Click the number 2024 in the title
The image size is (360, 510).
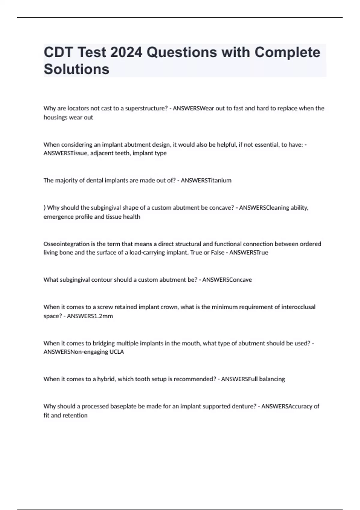point(126,52)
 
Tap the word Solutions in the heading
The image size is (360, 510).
point(76,69)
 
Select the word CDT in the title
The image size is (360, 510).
point(58,52)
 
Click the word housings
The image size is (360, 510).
point(56,117)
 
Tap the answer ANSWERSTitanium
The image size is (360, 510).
point(206,180)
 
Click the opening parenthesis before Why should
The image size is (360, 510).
point(44,208)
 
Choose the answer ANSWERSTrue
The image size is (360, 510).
point(249,253)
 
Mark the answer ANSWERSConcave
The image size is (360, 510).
point(227,280)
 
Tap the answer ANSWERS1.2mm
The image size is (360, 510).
point(90,316)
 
